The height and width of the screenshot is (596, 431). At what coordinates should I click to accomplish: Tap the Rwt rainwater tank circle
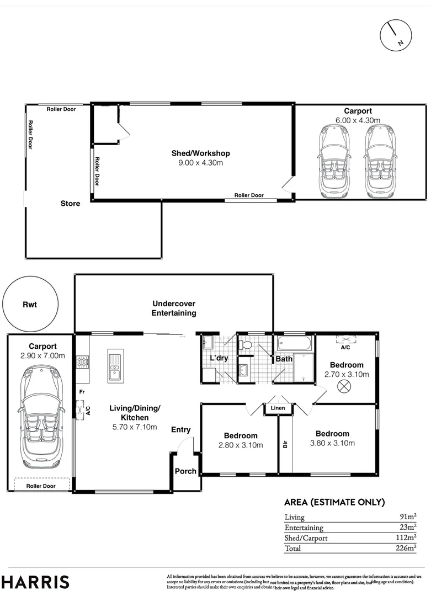coord(30,304)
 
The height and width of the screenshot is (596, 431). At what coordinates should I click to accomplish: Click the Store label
coord(70,204)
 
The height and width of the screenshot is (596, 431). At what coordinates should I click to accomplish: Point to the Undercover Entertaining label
coord(174,308)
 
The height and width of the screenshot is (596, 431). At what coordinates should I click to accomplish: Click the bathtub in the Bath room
coord(294,345)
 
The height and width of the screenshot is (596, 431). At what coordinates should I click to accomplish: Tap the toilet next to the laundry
coord(246,345)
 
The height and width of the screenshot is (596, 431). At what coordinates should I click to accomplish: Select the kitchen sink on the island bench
coord(115,366)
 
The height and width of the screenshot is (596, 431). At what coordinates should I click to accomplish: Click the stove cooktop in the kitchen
coord(83,363)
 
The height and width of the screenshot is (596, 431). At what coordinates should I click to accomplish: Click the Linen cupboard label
coord(278,408)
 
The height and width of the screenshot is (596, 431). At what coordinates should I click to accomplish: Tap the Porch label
coord(185,471)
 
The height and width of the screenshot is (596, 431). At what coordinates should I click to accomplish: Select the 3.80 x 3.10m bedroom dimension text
coord(332,443)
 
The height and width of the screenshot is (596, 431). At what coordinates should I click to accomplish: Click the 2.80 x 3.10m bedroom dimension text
coord(241,445)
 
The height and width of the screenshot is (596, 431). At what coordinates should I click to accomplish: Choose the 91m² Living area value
coord(408,517)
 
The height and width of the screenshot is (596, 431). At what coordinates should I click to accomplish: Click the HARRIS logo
coord(36,582)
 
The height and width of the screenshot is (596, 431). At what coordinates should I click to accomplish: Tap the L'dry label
coord(219,359)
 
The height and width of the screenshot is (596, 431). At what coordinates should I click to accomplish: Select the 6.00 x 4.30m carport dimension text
coord(358,120)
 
